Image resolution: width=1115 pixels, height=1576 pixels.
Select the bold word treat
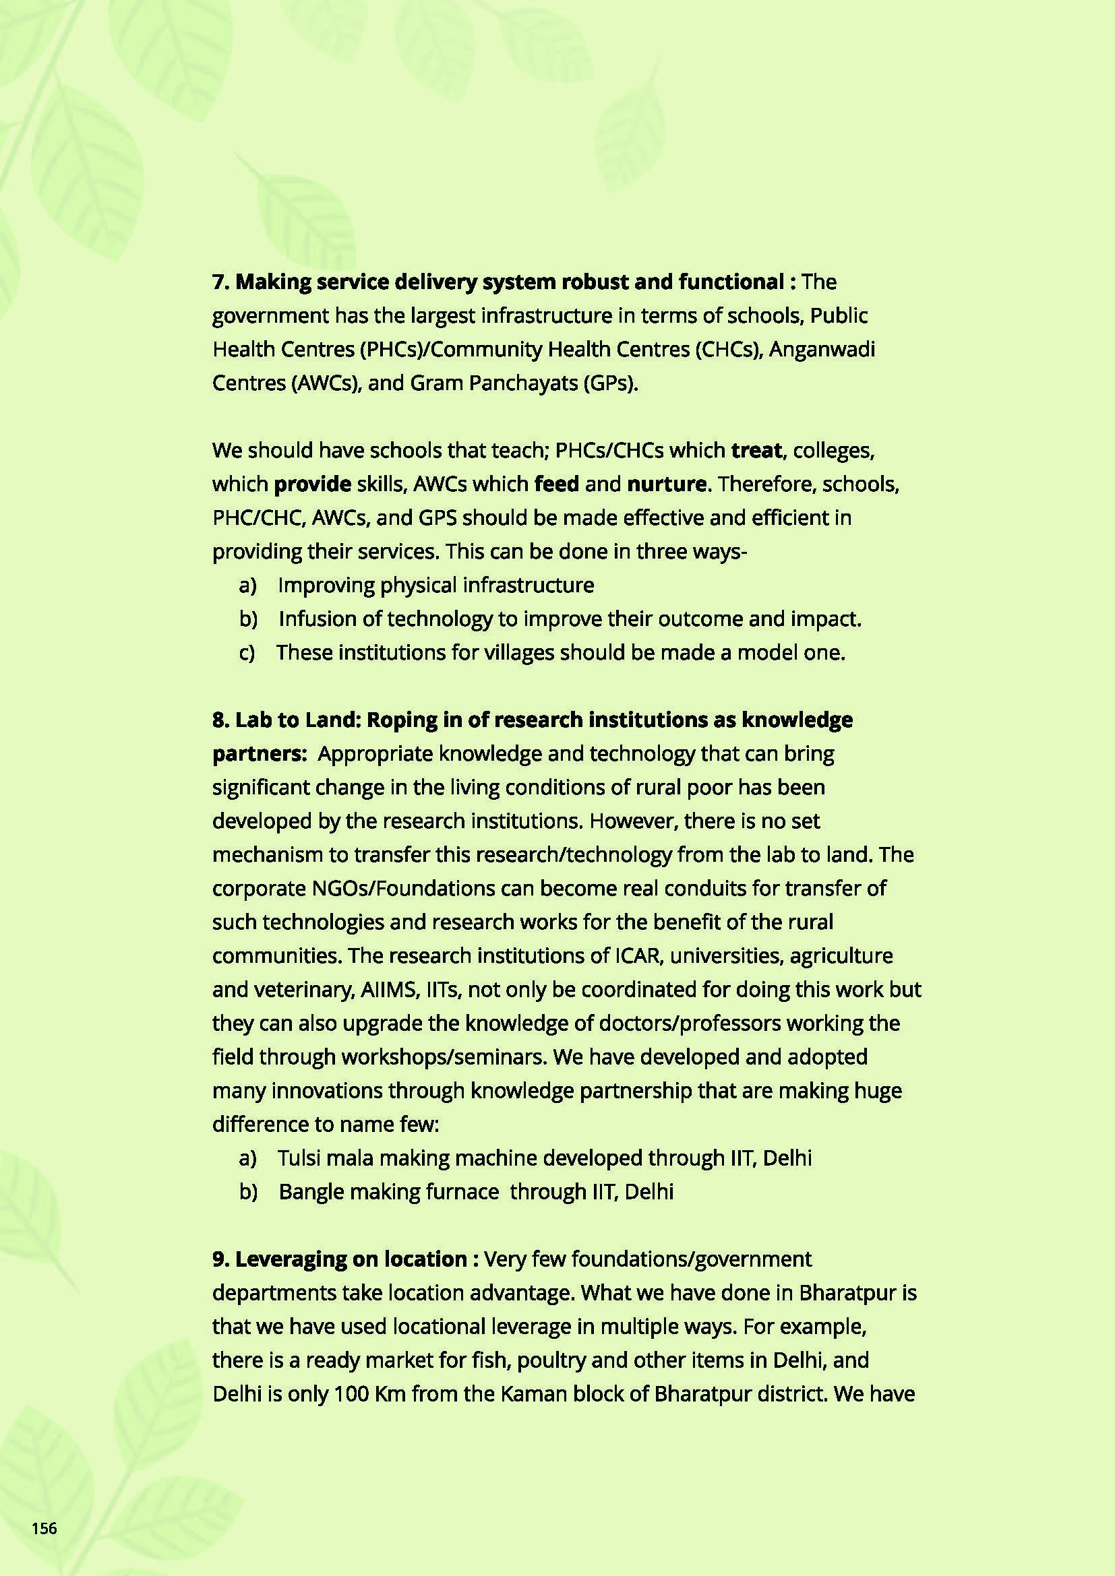coord(756,450)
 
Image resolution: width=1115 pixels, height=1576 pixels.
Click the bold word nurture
coord(667,484)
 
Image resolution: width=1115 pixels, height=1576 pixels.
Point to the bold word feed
coord(557,484)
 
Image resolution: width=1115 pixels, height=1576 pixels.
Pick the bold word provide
coord(312,484)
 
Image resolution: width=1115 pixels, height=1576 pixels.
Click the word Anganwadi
coord(822,350)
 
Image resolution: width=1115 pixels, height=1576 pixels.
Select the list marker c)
coord(247,653)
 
